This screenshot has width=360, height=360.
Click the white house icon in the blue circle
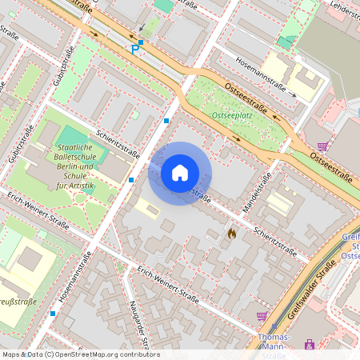pos(180,173)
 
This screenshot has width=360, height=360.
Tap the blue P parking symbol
pos(134,50)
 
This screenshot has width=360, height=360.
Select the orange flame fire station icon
pos(232,234)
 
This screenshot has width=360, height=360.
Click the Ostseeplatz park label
pos(232,116)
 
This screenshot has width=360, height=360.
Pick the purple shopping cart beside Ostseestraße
pos(322,146)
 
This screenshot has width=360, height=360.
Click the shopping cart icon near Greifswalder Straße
pos(262,316)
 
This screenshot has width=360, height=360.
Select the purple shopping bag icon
pos(310,345)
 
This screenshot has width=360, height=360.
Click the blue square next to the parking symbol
pos(141,42)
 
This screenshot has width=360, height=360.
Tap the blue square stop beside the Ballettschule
pos(131,180)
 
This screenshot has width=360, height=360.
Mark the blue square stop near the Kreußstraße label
pos(53,313)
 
